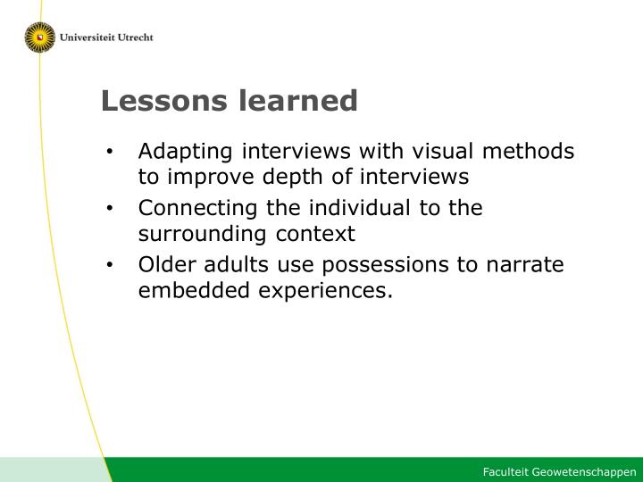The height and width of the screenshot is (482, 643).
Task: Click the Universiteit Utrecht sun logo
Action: point(40,37)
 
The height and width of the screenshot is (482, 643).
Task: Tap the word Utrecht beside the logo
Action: point(136,37)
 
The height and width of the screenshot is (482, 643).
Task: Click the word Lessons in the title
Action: point(164,101)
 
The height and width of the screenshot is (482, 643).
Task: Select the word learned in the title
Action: point(298,101)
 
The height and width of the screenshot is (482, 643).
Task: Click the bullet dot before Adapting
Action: point(109,152)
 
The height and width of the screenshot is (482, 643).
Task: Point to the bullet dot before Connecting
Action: point(109,208)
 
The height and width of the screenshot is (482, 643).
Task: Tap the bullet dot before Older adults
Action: point(109,265)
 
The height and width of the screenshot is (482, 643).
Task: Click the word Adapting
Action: point(186,153)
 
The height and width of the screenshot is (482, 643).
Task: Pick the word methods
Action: point(528,151)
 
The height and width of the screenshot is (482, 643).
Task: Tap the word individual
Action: point(360,207)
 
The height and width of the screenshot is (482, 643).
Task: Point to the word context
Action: point(315,235)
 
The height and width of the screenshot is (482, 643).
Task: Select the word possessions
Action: point(386,266)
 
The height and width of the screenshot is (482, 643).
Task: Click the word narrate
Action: point(525,265)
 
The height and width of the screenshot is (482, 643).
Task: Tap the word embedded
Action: point(194,290)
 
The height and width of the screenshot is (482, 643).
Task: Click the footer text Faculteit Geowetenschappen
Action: point(560,472)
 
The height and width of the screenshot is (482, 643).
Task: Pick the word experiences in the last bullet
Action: point(326,291)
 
